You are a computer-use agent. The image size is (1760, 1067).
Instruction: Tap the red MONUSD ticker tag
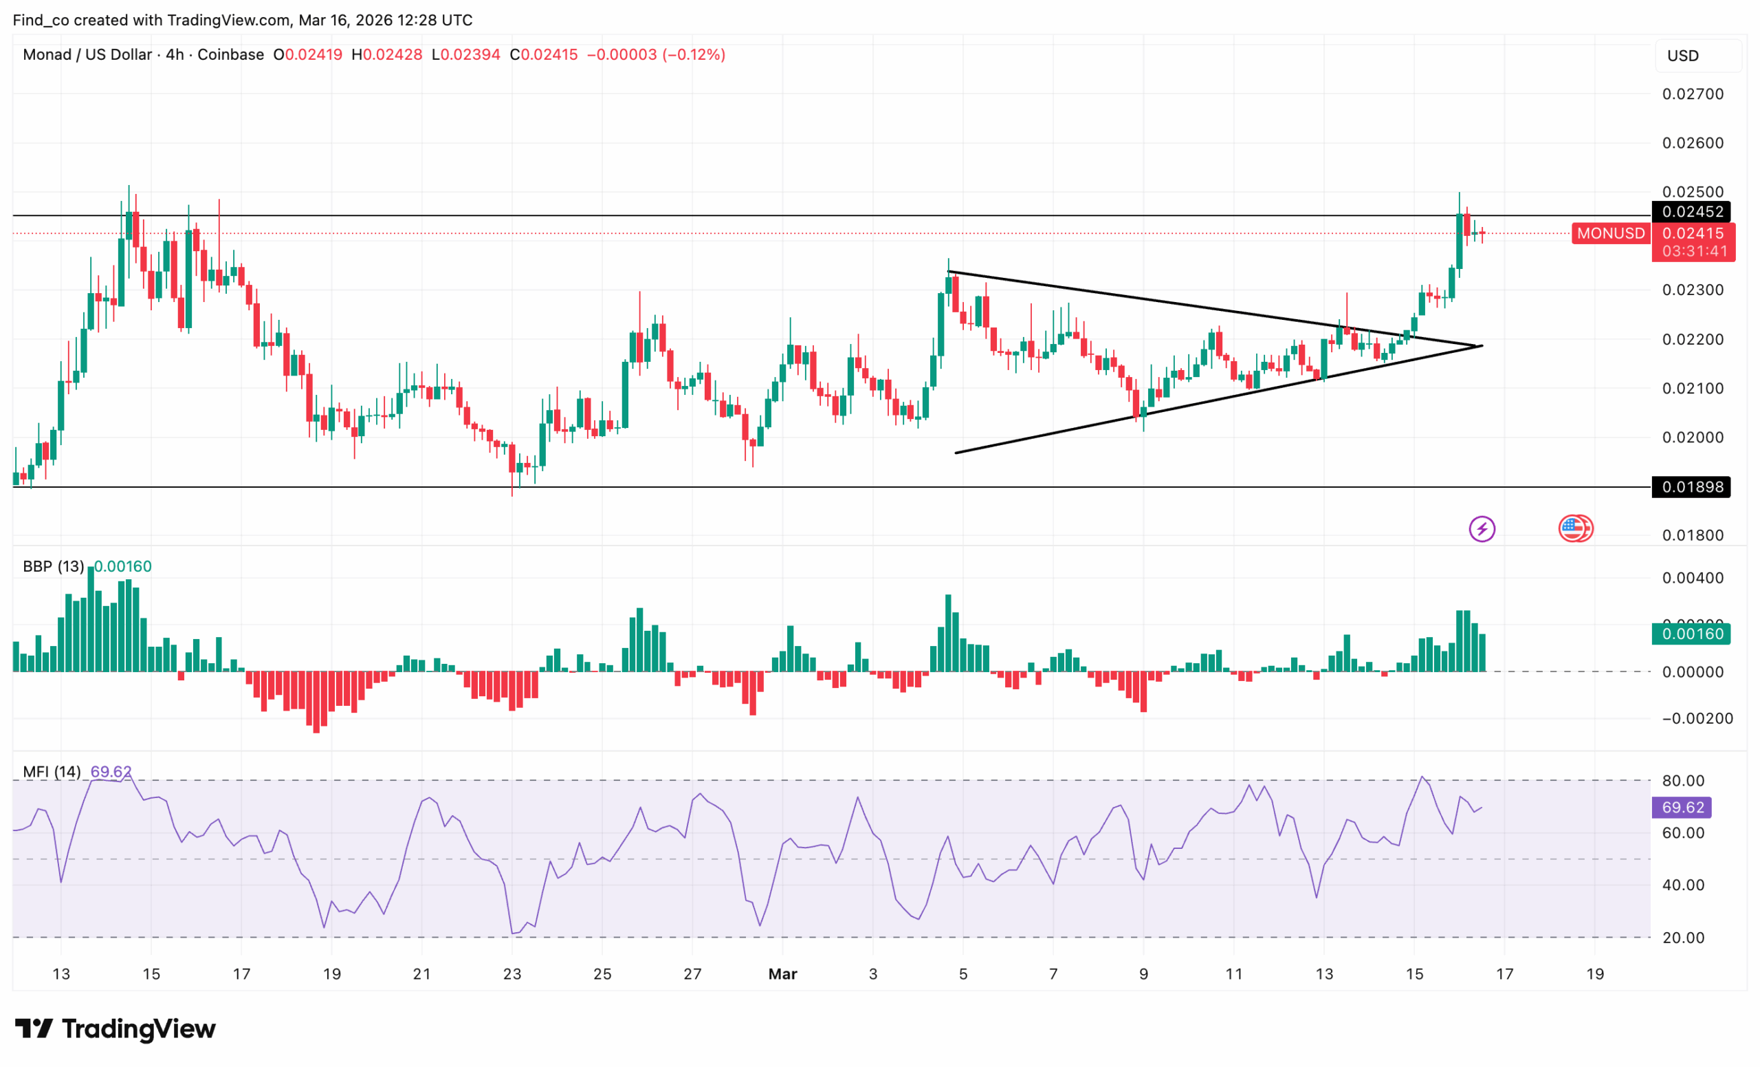click(1611, 233)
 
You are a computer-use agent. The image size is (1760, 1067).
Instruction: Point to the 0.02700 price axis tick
click(1693, 94)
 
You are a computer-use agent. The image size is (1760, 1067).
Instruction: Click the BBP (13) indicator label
click(54, 566)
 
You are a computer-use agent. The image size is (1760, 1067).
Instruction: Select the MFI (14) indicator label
click(52, 772)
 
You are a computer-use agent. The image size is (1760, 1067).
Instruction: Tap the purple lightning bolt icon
click(1482, 529)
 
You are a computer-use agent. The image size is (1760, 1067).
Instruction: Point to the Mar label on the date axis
click(783, 973)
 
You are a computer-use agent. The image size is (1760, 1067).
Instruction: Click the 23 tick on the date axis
click(512, 973)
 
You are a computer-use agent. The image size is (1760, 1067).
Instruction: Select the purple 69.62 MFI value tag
click(1682, 807)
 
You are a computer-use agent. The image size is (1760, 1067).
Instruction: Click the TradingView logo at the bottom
click(115, 1028)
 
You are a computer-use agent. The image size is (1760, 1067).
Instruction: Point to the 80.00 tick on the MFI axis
click(1683, 780)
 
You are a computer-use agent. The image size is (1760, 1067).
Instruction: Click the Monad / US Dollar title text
click(87, 54)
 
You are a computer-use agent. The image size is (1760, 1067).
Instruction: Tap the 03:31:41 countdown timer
click(1694, 252)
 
